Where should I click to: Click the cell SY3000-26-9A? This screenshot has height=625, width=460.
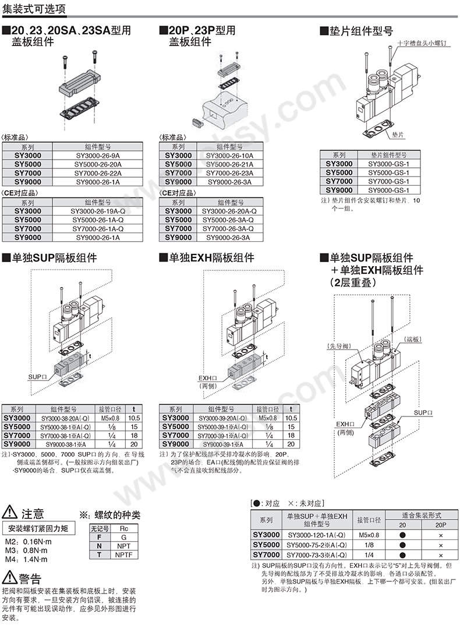(97, 156)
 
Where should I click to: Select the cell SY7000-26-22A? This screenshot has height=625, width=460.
(97, 173)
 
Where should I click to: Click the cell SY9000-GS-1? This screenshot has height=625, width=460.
(390, 190)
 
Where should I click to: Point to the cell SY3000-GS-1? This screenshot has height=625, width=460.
(390, 164)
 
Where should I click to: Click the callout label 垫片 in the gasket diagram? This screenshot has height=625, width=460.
(398, 135)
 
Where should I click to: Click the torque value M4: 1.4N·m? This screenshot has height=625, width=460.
(26, 559)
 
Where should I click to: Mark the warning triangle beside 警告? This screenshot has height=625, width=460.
(9, 578)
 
